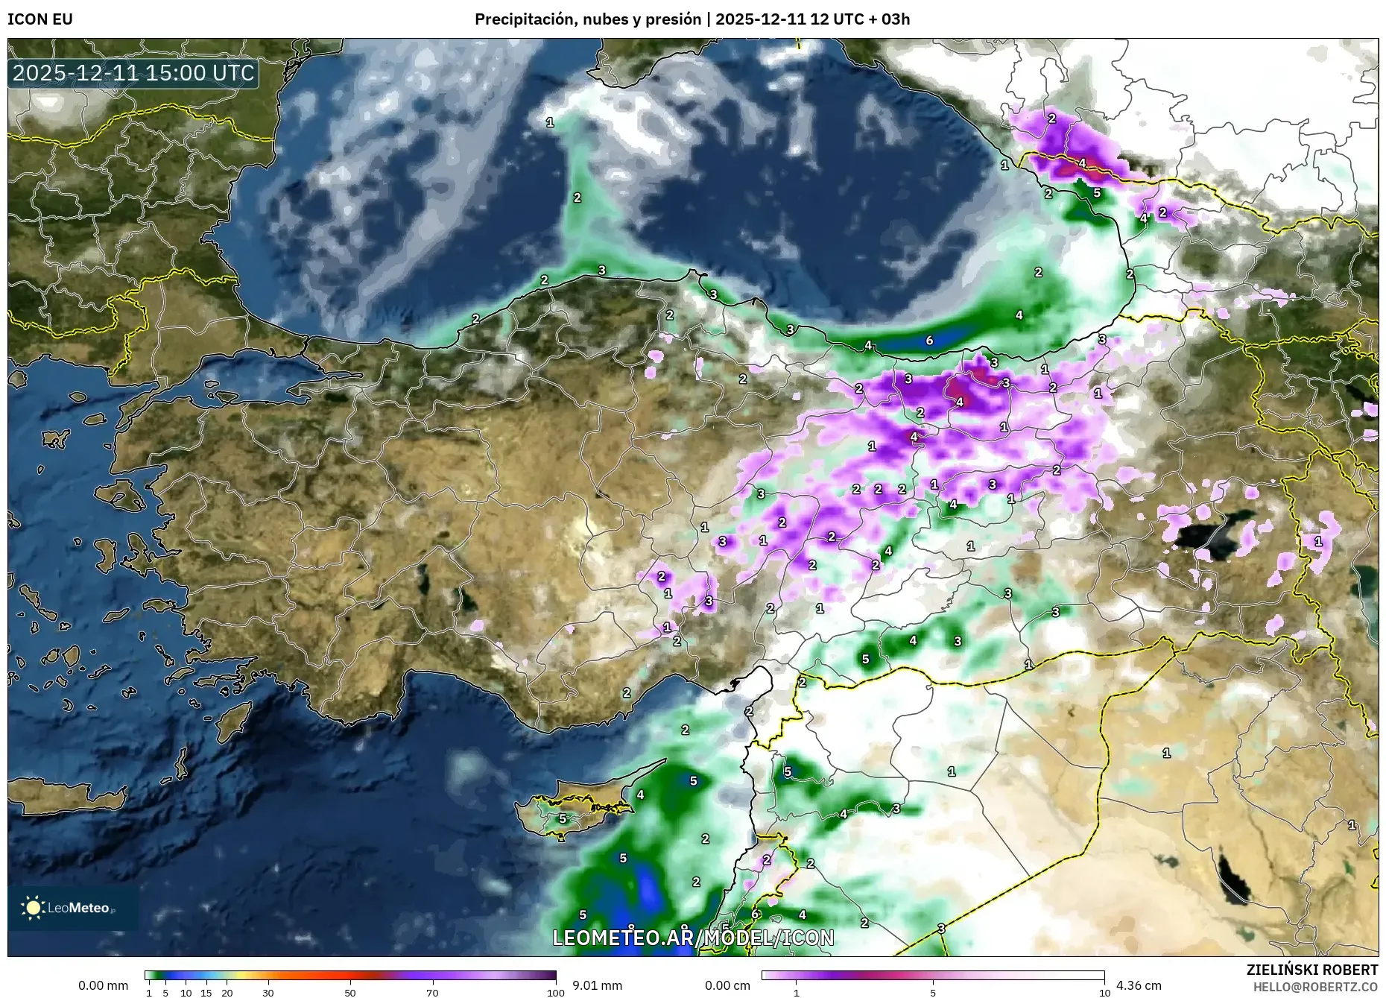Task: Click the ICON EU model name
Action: click(40, 19)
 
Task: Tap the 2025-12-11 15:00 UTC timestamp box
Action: click(134, 73)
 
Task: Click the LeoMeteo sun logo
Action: click(34, 908)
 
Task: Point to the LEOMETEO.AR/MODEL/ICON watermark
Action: click(693, 938)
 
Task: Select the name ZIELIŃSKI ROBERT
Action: click(1311, 970)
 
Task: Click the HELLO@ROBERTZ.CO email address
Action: click(1315, 987)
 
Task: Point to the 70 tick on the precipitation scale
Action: click(432, 992)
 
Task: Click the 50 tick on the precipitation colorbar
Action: click(350, 992)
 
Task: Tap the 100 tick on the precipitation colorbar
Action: click(555, 992)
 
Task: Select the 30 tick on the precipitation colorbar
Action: click(268, 992)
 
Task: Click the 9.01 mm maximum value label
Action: click(597, 985)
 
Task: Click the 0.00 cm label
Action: click(728, 985)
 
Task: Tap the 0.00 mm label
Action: click(104, 985)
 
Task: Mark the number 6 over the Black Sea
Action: click(929, 341)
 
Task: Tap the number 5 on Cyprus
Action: click(563, 818)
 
